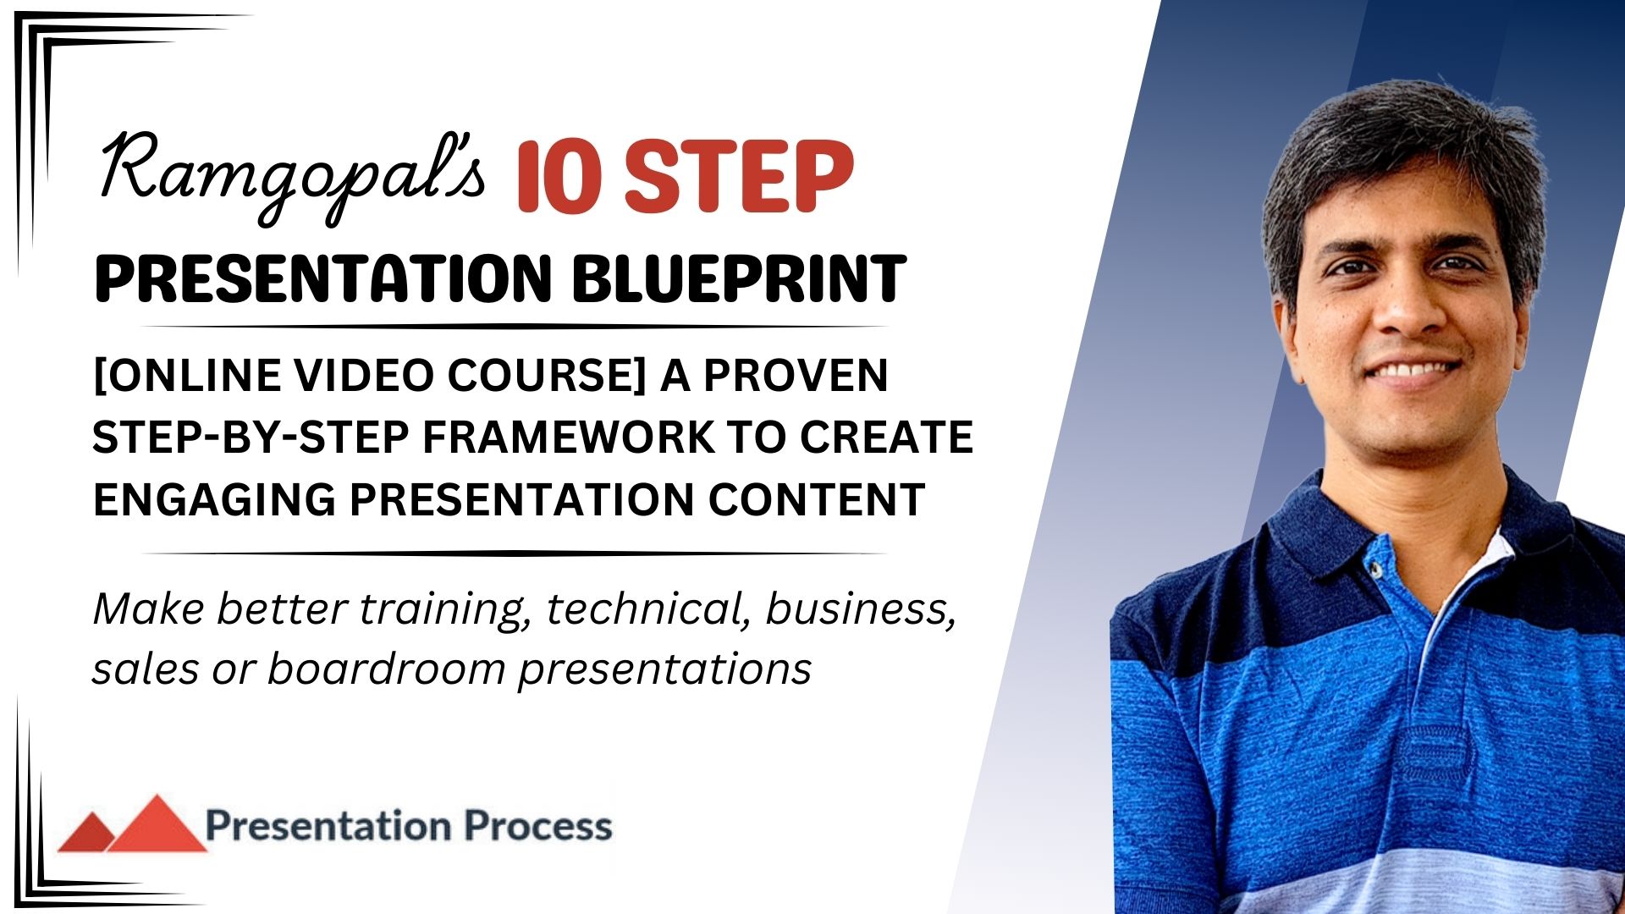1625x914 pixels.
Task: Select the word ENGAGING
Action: (x=214, y=498)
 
